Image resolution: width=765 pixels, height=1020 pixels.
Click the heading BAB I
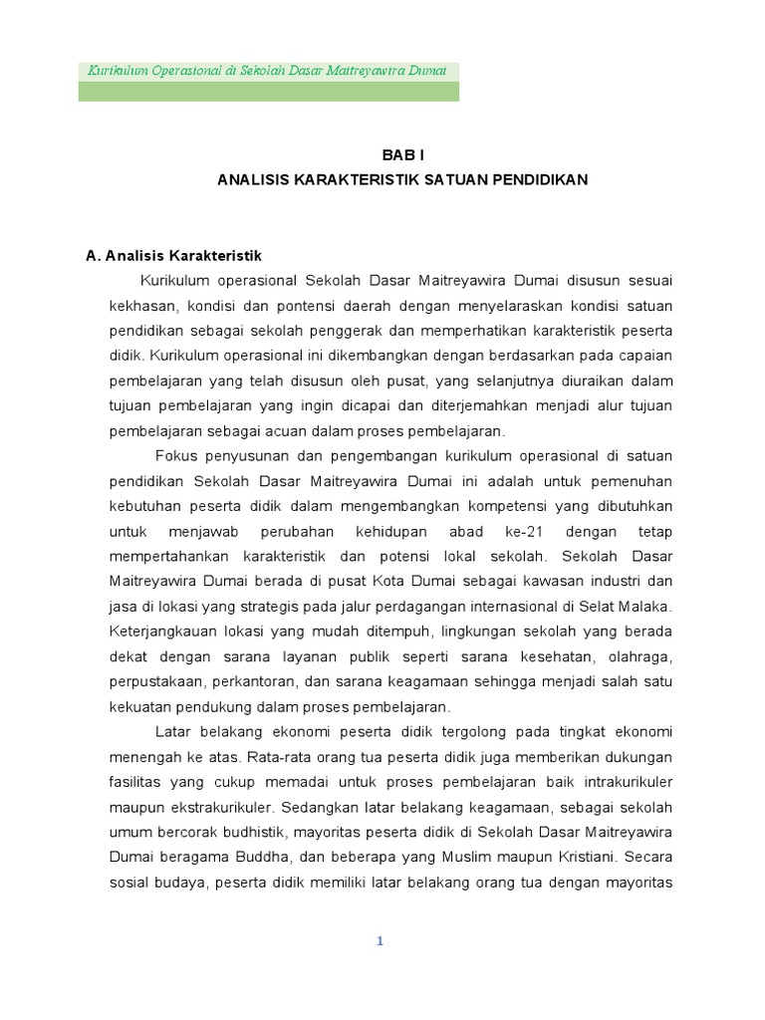tap(402, 154)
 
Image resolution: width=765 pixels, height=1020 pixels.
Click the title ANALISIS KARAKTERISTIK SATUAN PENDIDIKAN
tap(402, 180)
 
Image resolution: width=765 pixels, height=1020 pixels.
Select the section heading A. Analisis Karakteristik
tap(173, 256)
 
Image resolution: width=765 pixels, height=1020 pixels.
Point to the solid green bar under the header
tap(269, 92)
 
